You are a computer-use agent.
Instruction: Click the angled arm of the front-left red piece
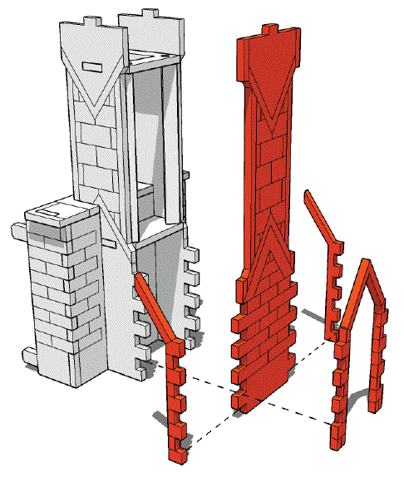tap(154, 308)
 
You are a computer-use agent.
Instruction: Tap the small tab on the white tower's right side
tap(187, 177)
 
